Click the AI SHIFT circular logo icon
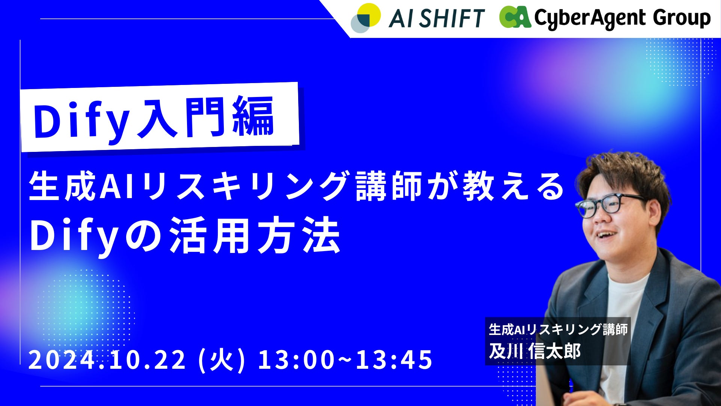[365, 18]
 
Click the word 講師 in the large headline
[389, 186]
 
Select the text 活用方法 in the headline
[255, 236]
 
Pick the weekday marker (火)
[222, 359]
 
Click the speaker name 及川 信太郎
[535, 351]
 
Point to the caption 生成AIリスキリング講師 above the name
[558, 329]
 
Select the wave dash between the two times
[345, 359]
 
